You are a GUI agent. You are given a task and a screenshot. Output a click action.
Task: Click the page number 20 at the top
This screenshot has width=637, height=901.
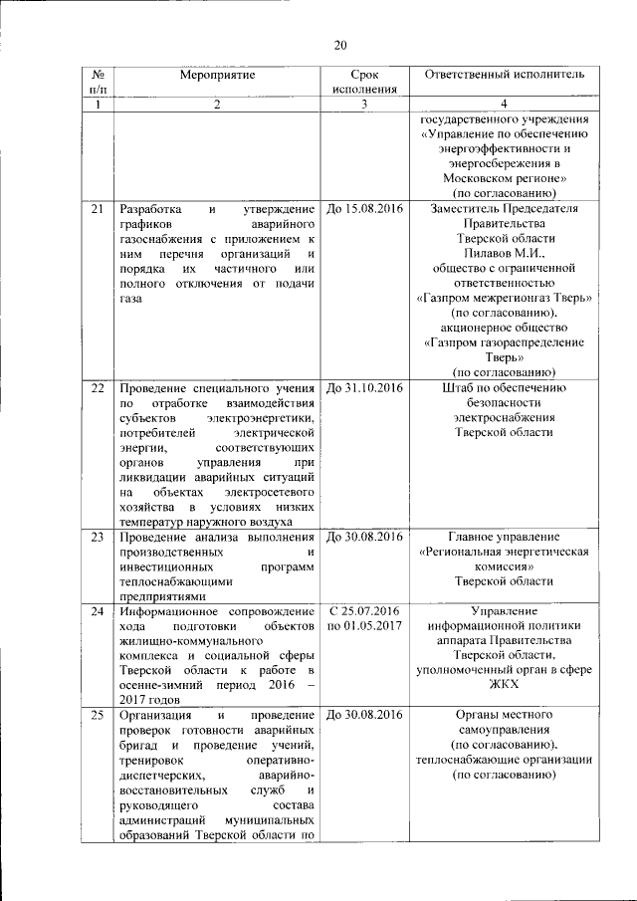pyautogui.click(x=339, y=45)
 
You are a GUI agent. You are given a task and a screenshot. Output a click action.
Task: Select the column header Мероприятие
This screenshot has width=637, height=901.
pyautogui.click(x=217, y=75)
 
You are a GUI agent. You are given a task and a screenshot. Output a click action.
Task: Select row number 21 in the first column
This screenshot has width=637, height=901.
pyautogui.click(x=98, y=210)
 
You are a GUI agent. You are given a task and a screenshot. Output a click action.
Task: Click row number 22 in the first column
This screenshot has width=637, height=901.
pyautogui.click(x=98, y=387)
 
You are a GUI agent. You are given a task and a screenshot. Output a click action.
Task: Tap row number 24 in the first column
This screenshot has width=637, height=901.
pyautogui.click(x=98, y=609)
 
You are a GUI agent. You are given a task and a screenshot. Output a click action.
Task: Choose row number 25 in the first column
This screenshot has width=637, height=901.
pyautogui.click(x=98, y=715)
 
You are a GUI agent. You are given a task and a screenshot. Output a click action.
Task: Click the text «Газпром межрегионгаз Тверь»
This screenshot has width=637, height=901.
pyautogui.click(x=505, y=299)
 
